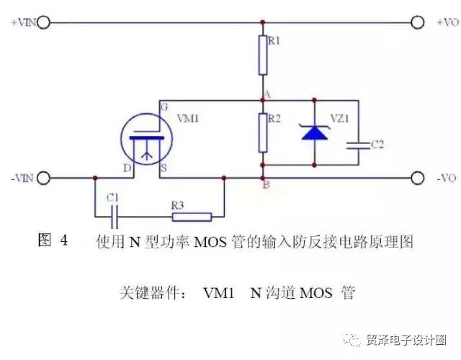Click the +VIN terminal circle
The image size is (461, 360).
click(x=43, y=22)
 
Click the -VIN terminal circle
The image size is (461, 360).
click(x=43, y=178)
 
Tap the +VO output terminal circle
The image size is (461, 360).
click(x=417, y=22)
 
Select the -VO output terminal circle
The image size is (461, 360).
click(x=417, y=178)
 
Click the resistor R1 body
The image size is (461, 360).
click(x=263, y=55)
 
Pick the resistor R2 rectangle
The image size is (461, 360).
click(x=263, y=132)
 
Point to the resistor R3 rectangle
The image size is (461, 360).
click(x=192, y=217)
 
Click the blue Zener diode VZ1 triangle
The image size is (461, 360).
click(x=315, y=132)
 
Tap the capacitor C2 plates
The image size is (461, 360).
click(x=358, y=145)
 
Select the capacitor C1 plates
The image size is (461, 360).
click(x=115, y=217)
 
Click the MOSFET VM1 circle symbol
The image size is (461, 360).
click(x=146, y=139)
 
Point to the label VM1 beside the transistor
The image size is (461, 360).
click(x=188, y=118)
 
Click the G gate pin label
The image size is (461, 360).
click(x=164, y=107)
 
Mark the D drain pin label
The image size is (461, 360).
click(x=127, y=168)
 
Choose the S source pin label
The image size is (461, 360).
click(x=164, y=168)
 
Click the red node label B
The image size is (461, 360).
click(x=267, y=185)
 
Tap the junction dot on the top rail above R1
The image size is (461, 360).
click(x=263, y=22)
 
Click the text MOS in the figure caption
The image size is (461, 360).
click(x=210, y=243)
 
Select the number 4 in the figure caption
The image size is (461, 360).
click(x=64, y=240)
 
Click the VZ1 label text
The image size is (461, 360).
click(x=340, y=118)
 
